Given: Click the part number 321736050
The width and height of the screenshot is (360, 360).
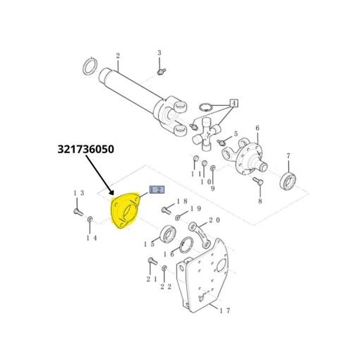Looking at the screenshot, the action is coord(86,149).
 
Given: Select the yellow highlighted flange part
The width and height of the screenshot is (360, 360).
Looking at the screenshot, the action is coord(126,210).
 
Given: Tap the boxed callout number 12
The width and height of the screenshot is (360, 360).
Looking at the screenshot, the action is coord(157,190).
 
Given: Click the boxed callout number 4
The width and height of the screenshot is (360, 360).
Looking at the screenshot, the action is coord(234,103).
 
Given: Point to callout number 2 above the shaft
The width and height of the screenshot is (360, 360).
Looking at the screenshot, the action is coord(118,56).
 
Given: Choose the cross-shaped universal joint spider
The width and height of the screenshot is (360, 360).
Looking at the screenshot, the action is coord(207,135).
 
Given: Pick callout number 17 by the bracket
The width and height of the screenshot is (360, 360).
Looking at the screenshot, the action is coord(224,311).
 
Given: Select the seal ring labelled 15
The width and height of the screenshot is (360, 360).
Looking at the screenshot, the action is coord(167,234).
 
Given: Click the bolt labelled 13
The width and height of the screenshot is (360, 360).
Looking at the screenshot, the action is coord(78,212).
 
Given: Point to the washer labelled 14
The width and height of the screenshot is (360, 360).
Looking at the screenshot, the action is coord(90,220).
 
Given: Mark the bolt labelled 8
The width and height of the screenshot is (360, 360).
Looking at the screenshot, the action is coord(258,181).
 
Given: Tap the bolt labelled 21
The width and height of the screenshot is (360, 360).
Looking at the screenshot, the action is coord(152,261).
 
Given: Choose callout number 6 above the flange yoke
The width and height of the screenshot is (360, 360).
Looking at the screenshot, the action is coord(258,128).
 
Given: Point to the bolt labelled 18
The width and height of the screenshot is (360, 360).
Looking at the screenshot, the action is coord(167,210).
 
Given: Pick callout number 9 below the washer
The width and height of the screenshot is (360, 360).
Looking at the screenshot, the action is coord(212,188).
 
